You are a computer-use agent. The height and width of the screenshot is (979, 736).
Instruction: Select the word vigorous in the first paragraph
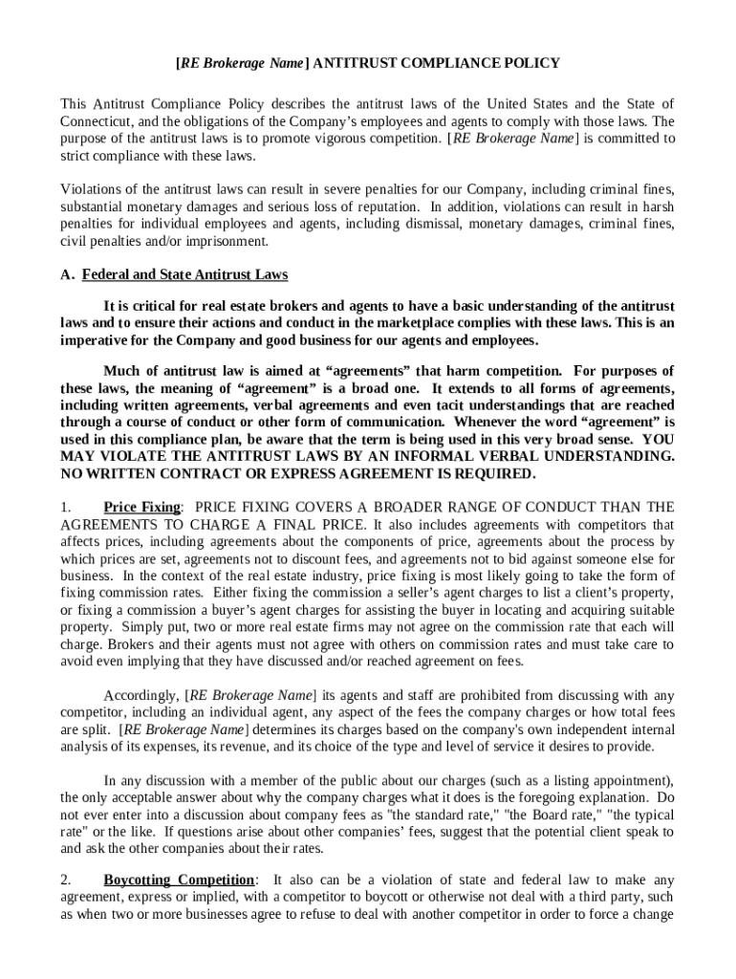(352, 138)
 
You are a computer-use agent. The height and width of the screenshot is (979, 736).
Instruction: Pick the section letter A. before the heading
(67, 275)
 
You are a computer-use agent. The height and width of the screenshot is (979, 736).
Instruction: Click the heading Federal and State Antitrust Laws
(184, 275)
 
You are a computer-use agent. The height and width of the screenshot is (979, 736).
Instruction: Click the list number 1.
(64, 507)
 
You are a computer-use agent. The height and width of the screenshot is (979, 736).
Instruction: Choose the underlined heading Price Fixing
(141, 507)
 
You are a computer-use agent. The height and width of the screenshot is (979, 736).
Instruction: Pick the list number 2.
(64, 880)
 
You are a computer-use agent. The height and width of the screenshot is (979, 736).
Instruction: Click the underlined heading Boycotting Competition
(179, 880)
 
